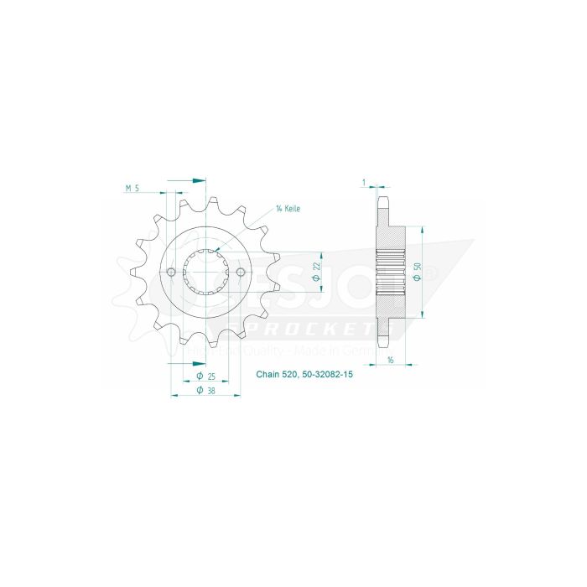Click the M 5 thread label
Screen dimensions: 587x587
tap(131, 189)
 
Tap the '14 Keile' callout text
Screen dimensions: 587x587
tap(288, 208)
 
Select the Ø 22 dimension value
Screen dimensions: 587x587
tap(316, 266)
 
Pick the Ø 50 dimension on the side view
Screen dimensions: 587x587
tap(417, 269)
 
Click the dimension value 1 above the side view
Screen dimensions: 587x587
tap(364, 181)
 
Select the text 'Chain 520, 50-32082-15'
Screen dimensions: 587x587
tap(304, 377)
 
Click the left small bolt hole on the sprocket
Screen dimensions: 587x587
tap(172, 273)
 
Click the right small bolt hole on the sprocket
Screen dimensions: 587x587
tap(241, 273)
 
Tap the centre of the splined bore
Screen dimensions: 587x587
tap(206, 273)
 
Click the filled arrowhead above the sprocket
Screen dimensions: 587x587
tap(198, 179)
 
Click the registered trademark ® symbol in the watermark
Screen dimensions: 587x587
tap(429, 273)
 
